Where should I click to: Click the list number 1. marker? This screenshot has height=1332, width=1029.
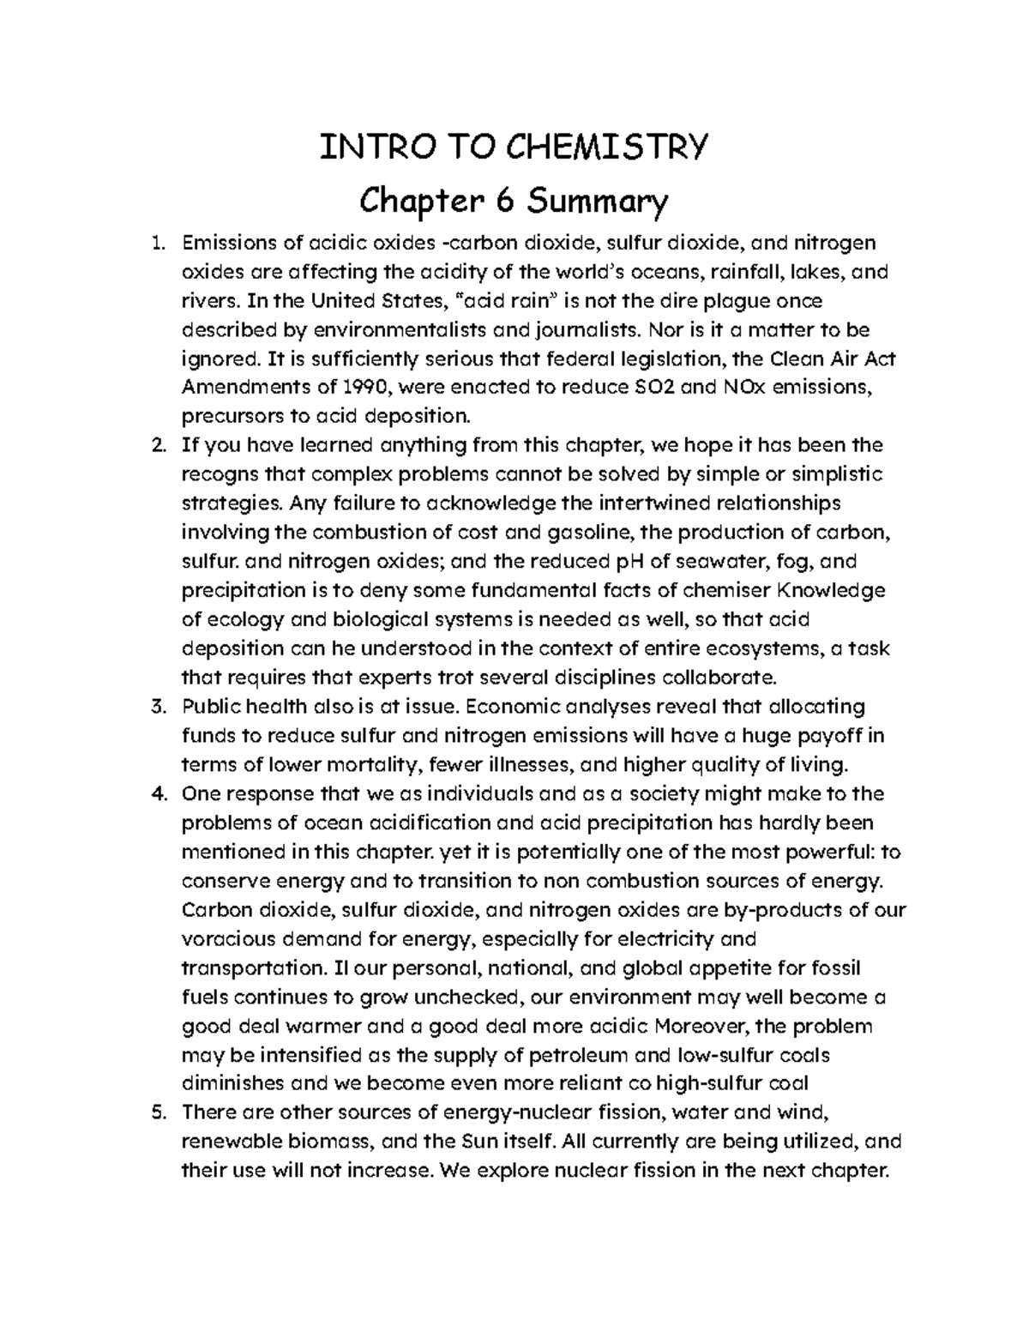[x=156, y=244]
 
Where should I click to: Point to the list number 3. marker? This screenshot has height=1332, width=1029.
[x=156, y=708]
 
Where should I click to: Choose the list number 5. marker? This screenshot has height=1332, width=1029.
[x=156, y=1113]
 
